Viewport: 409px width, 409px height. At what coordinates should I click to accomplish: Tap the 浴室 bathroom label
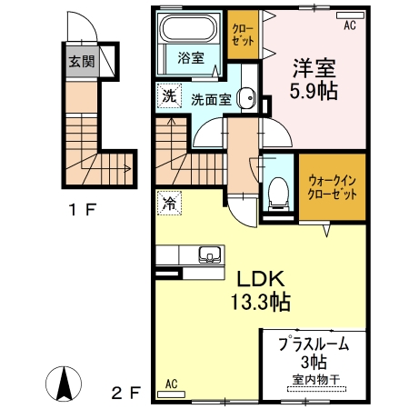tap(191, 57)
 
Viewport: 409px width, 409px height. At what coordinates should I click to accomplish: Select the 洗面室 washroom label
tap(211, 99)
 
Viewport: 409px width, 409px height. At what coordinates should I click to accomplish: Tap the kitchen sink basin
tap(206, 254)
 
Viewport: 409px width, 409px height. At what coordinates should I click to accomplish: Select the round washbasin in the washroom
tap(245, 99)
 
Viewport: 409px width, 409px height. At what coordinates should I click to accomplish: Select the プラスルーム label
tap(312, 345)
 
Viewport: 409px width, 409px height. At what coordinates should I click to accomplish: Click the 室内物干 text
tap(312, 378)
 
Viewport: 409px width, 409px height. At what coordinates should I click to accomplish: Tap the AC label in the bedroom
tap(349, 26)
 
